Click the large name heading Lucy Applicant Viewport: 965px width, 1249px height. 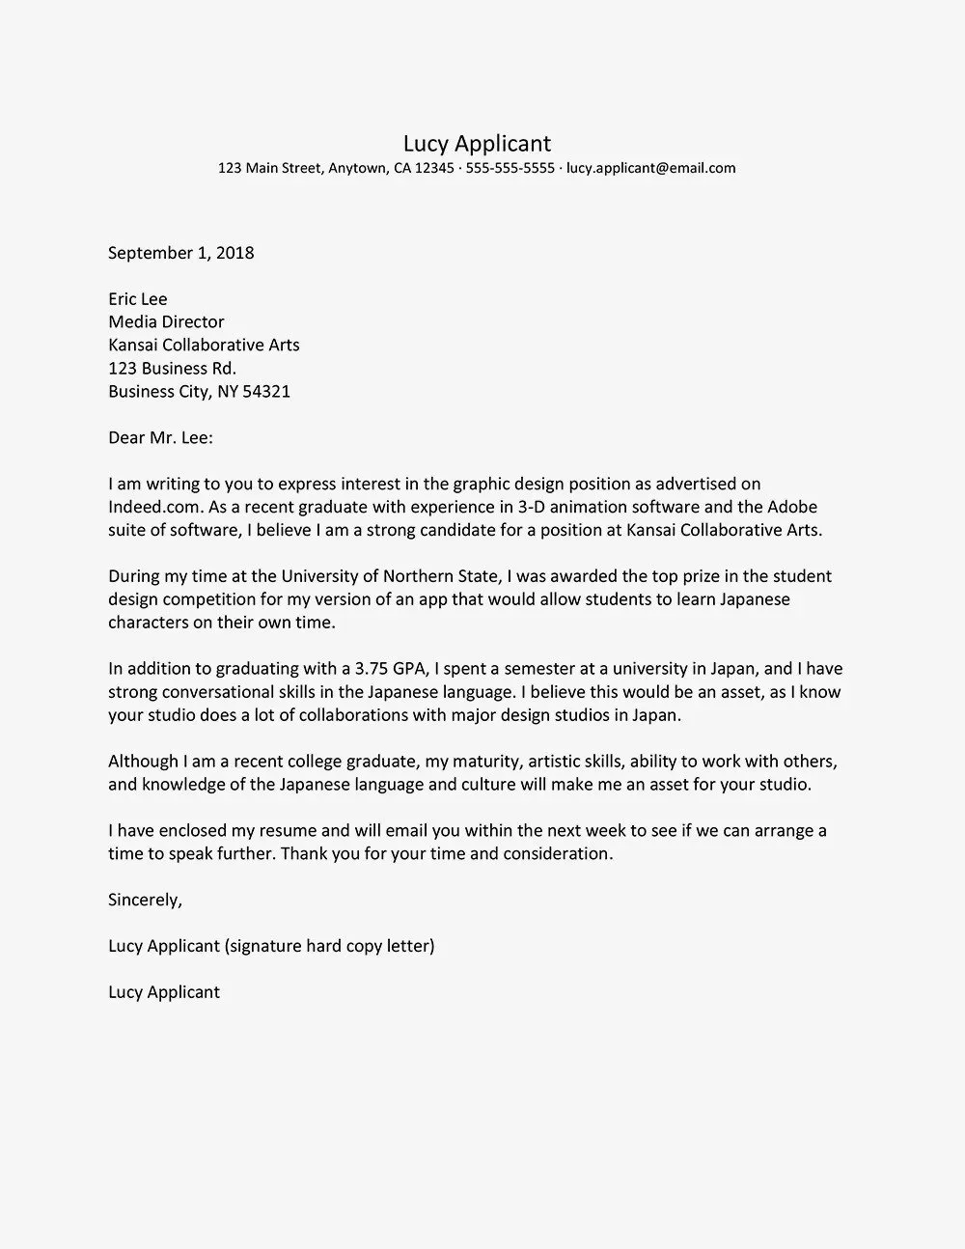tap(477, 144)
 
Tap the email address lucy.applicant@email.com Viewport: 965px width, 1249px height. tap(650, 168)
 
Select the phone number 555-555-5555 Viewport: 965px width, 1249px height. tap(510, 168)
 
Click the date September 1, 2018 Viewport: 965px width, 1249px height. tap(180, 253)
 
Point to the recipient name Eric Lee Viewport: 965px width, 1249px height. tap(137, 299)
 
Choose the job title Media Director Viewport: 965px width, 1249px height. tap(166, 322)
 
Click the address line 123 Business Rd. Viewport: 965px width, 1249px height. tap(172, 369)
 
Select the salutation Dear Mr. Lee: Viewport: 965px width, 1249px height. tap(160, 438)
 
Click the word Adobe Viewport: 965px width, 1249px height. tap(792, 507)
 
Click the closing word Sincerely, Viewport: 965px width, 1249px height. tap(145, 901)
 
